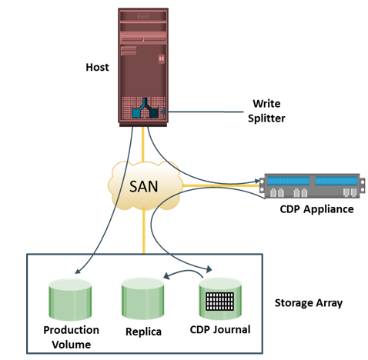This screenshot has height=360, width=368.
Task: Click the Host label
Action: point(97,67)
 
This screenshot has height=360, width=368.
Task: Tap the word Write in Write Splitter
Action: point(266,104)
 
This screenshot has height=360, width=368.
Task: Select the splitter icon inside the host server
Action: point(146,108)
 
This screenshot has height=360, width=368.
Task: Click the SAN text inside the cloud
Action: point(143,186)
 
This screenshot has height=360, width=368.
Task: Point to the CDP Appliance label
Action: point(316,209)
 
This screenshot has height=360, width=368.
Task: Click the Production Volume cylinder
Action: point(70,299)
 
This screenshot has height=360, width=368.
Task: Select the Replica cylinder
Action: point(142,298)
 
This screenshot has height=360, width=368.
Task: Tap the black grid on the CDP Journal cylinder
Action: point(220,301)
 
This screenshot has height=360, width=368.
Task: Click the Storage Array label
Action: point(309,303)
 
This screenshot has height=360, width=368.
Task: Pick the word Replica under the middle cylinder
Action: point(143,332)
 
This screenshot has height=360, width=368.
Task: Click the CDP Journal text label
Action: point(220,330)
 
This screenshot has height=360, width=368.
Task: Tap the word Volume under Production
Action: point(72,345)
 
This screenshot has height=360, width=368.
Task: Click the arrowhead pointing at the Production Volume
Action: point(77,271)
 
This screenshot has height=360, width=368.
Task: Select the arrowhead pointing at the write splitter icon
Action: point(162,112)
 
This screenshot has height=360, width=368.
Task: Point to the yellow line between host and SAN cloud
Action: point(143,145)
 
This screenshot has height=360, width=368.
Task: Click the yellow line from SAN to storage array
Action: point(144,232)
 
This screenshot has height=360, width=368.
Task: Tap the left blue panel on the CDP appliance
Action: point(288,181)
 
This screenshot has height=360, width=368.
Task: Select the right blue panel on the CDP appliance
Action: point(336,181)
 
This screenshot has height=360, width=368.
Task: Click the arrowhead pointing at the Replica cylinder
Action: point(166,276)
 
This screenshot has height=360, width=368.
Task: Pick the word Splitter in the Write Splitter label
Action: point(266,118)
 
